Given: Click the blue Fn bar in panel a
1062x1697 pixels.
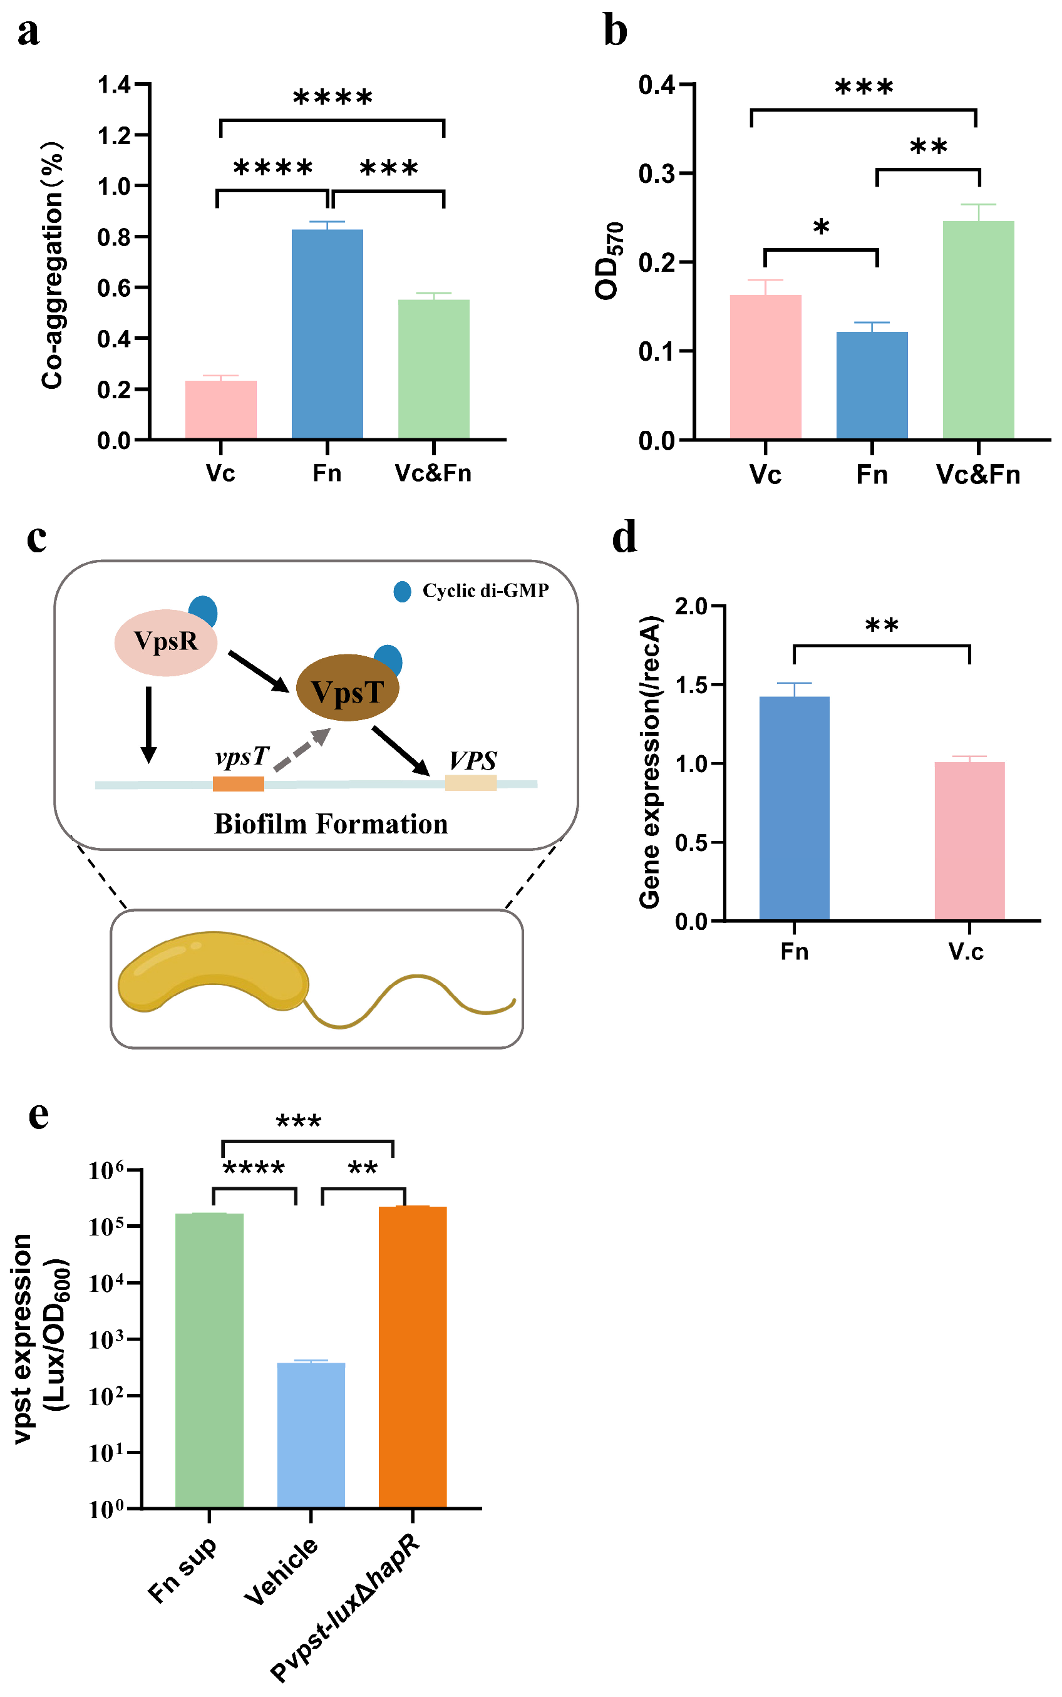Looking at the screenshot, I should coord(327,334).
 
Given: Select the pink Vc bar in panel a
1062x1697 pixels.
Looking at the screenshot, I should coord(220,410).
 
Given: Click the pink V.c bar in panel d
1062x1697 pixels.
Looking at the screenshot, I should coord(969,840).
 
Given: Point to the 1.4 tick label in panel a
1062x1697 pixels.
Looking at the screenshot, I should coord(114,85).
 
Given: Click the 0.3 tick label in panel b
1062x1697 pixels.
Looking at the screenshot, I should coord(656,173).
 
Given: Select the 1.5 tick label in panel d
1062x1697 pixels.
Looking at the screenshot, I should coord(691,685).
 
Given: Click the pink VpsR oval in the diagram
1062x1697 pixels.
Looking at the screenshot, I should coord(166,642).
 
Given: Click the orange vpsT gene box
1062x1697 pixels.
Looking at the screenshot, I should coord(238,783).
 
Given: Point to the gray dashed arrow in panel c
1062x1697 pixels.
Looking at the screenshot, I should coord(302,750).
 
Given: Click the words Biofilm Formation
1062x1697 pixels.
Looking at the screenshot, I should coord(331,824).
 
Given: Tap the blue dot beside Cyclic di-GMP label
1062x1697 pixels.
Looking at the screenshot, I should coord(403,591).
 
